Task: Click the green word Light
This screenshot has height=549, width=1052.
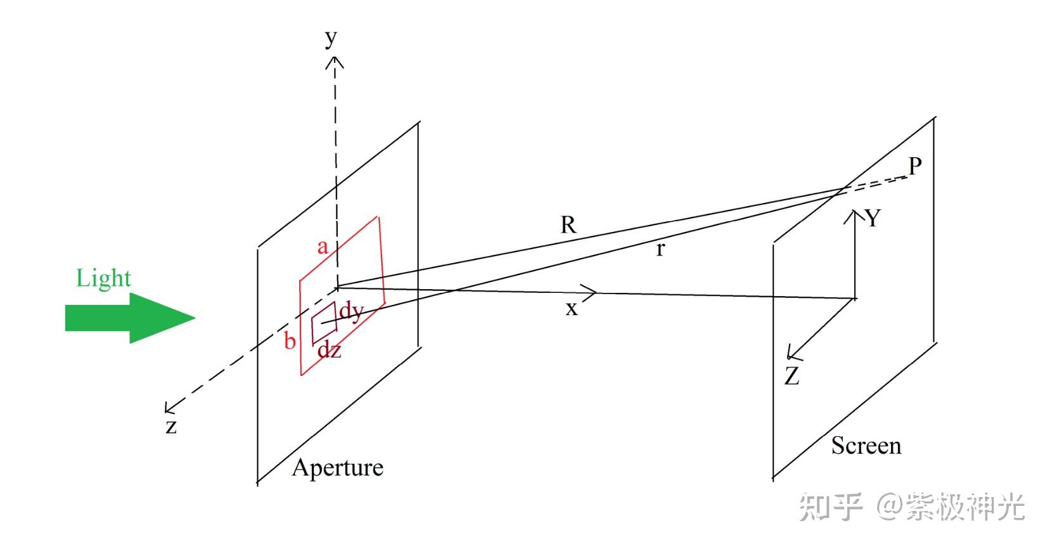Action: (x=103, y=278)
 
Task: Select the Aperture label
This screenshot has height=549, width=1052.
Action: (x=337, y=468)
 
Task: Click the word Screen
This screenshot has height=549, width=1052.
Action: (x=866, y=446)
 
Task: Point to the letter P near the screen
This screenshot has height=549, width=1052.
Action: (x=914, y=167)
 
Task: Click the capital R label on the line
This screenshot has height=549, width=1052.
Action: (x=568, y=224)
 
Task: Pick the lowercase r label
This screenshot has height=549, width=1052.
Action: (x=660, y=250)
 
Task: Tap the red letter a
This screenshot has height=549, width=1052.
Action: (x=323, y=246)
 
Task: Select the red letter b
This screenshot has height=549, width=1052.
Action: (x=290, y=341)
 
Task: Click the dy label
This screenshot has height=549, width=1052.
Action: (x=351, y=311)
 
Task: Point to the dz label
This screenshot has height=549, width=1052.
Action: (x=329, y=349)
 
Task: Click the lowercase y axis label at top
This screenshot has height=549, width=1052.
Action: (x=331, y=39)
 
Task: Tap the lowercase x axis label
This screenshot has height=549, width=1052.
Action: (x=572, y=309)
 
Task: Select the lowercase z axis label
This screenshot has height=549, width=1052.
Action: (x=170, y=426)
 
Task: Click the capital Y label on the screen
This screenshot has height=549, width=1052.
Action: (x=873, y=218)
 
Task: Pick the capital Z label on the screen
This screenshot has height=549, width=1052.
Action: (x=792, y=377)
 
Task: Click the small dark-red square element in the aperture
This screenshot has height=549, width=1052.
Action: (x=323, y=323)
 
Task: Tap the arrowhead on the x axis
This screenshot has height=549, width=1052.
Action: (x=590, y=292)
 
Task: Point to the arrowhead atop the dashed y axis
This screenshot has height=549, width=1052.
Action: (x=335, y=61)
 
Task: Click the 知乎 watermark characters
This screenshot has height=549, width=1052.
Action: (x=831, y=507)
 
